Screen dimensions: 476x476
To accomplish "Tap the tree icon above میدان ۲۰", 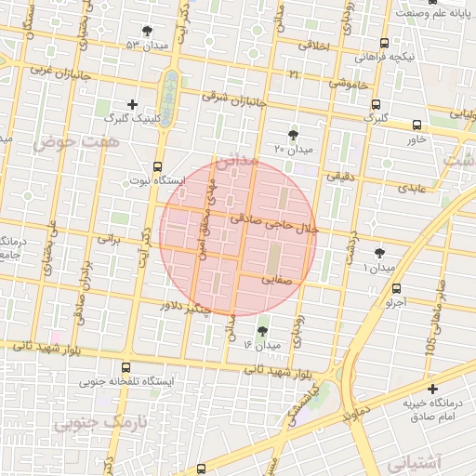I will click(x=294, y=135).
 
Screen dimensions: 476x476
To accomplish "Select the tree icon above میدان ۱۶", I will click(x=263, y=331).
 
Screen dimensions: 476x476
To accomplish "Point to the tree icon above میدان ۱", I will click(x=380, y=253).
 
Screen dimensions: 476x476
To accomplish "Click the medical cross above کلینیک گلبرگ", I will click(x=133, y=104).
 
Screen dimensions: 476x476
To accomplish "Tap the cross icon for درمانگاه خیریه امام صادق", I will click(x=431, y=388).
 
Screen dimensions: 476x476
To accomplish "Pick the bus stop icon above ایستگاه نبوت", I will click(x=157, y=167).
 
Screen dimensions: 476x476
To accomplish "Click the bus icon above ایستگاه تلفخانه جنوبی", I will click(x=126, y=368).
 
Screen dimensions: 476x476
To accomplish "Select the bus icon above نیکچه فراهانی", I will click(x=385, y=42).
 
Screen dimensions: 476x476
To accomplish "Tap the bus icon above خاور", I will click(x=416, y=125).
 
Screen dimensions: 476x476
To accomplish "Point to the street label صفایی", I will click(x=277, y=277).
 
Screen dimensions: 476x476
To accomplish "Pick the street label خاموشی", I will click(x=349, y=84).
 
